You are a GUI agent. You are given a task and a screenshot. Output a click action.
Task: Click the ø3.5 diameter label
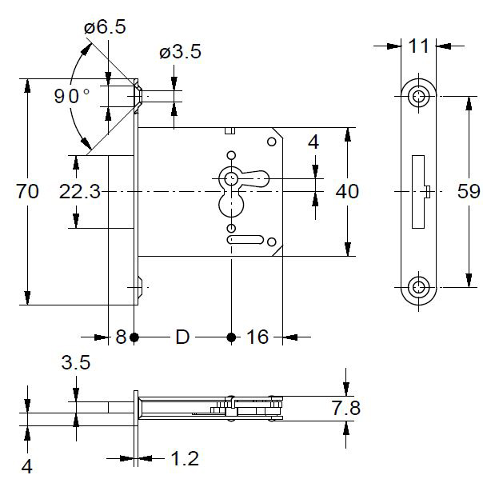coord(180,53)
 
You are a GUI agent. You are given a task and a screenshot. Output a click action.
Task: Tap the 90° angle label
coord(72,97)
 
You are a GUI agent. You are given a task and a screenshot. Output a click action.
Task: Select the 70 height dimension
coord(28,191)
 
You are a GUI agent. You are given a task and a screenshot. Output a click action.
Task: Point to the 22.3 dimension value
coord(79,191)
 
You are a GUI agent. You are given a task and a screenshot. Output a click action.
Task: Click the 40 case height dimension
coord(348,191)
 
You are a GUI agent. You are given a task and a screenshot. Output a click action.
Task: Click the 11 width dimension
coord(418,46)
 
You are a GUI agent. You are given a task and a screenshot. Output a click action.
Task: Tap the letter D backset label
coord(182,337)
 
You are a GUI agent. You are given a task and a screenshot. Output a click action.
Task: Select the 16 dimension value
coord(257,337)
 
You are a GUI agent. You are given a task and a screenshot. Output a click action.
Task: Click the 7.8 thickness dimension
coord(345,409)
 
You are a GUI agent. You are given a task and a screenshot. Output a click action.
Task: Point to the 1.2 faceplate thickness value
coord(184,458)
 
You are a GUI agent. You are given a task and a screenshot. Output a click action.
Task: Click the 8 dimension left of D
coord(121,337)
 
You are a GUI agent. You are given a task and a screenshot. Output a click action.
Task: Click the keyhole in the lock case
coord(231,179)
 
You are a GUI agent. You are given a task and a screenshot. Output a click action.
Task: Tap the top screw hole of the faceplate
coord(418,97)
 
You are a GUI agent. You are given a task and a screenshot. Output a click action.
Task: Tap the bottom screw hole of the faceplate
coord(418,286)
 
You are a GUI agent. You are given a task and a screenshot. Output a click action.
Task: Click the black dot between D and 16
coord(231,337)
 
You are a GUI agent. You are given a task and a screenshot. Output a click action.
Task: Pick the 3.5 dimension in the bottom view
coord(76,362)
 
